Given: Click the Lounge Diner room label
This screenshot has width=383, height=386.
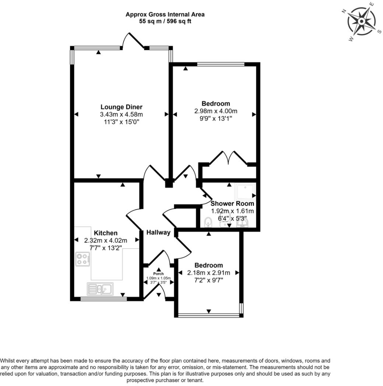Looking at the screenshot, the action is [x=122, y=107].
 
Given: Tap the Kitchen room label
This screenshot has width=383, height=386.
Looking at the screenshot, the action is [x=106, y=233].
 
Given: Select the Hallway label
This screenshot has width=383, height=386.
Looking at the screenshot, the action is [x=158, y=232].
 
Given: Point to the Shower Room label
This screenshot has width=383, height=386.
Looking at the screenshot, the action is [x=232, y=204].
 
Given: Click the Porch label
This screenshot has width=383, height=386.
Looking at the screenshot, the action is [x=158, y=274].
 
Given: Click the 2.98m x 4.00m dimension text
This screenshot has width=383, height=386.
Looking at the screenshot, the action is [x=216, y=111].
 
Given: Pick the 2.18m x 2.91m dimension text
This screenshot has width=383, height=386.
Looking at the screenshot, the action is [x=209, y=273].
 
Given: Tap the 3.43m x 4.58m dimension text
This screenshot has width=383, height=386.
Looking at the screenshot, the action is [x=122, y=115].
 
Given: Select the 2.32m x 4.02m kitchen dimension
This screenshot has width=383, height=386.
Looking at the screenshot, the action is [x=106, y=240].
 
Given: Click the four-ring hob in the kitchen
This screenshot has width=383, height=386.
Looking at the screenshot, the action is [x=83, y=259].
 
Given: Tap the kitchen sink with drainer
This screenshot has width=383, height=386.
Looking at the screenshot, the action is [x=100, y=289].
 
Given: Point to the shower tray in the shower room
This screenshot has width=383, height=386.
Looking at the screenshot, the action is [x=245, y=192].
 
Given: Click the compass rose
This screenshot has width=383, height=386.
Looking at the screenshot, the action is [x=361, y=21].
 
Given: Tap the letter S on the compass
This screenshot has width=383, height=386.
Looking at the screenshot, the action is [x=380, y=32].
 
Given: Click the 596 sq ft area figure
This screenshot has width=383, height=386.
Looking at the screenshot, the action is [x=179, y=21].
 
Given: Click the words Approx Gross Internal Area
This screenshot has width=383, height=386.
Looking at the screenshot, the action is [x=165, y=14].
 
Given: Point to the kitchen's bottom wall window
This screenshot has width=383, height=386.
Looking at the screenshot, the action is [x=103, y=299].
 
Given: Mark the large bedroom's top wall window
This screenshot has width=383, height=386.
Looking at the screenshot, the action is [x=221, y=64].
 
